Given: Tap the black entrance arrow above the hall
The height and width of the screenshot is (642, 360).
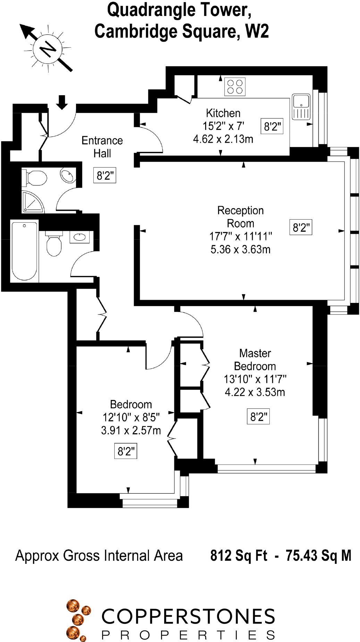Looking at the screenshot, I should click(62, 102).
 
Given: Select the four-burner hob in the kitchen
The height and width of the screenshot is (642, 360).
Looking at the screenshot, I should click(235, 86).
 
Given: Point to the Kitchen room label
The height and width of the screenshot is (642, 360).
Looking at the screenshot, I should click(223, 113).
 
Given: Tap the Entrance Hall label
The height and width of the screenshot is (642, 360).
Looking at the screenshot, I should click(102, 147).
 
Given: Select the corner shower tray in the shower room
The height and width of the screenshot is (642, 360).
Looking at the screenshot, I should click(33, 201).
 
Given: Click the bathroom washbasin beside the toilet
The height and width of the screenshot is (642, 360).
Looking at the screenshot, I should click(80, 237).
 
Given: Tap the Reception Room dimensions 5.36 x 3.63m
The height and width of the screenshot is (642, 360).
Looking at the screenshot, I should click(240, 249).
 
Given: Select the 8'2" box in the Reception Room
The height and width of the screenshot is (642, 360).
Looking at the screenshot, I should click(301, 228).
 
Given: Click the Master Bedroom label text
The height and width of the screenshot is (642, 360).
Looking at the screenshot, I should click(255, 360).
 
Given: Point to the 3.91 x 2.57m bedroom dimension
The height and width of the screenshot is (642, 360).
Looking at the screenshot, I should click(131, 430).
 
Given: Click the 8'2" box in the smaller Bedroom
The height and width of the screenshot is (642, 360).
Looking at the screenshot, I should click(125, 451).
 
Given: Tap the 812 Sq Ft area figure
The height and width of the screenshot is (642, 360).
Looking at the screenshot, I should click(238, 555).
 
